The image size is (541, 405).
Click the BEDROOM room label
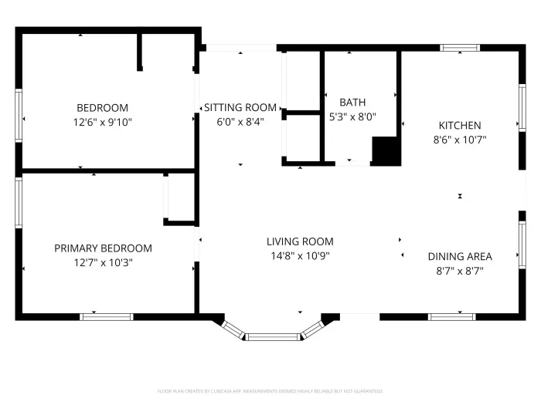point(102,108)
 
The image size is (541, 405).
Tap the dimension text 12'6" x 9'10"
point(102,122)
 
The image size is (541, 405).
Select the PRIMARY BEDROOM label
point(103,248)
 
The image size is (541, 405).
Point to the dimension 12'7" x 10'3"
point(103,262)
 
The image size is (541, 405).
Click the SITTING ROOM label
point(240,107)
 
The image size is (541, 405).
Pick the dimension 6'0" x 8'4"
point(240,122)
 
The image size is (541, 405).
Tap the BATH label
point(352,102)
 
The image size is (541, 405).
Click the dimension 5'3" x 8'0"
point(352,116)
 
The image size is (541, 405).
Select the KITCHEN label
point(460,126)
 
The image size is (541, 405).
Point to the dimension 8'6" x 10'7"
point(460,140)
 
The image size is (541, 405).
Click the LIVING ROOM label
point(300,241)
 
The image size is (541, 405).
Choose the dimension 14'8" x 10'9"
point(300,255)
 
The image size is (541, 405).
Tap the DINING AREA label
point(460,257)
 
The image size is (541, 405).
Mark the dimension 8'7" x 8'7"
point(460,271)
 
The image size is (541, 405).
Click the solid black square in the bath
point(387,151)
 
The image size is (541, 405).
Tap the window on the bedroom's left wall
point(19,116)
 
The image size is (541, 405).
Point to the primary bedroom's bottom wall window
point(107,316)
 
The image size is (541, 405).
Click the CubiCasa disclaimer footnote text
point(270,391)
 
